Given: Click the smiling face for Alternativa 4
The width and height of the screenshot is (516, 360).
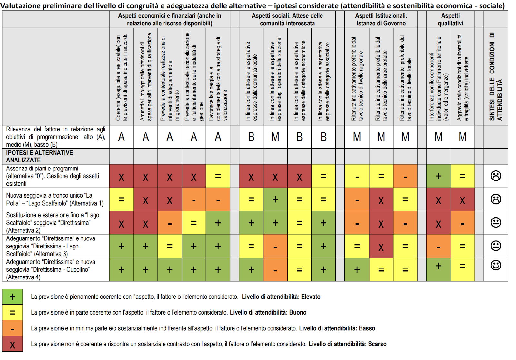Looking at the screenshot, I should [496, 265].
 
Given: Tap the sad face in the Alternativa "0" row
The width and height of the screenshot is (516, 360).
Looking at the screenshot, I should [496, 176].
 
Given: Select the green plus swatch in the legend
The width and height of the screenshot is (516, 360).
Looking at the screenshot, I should [12, 297].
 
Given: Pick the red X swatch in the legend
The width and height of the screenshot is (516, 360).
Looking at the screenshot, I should [12, 344].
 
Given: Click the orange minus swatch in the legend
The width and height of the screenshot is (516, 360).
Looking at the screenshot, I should [12, 328].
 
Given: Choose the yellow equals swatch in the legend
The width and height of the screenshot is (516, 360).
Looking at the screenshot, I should [12, 313].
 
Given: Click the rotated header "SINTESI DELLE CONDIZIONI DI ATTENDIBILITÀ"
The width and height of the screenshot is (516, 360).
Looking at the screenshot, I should [496, 77].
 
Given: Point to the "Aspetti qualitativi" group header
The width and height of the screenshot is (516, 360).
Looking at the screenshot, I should [450, 19].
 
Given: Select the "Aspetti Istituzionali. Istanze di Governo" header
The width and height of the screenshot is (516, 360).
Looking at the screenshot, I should [381, 19].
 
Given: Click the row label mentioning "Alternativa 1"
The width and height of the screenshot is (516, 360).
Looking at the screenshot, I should [55, 199].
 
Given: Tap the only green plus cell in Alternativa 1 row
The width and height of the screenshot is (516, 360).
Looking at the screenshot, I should [275, 199].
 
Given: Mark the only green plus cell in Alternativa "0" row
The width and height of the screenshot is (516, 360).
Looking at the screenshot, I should [438, 176].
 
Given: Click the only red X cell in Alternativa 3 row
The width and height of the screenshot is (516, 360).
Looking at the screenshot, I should [381, 247].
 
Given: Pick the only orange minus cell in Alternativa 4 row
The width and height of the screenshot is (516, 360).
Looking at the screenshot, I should [275, 270].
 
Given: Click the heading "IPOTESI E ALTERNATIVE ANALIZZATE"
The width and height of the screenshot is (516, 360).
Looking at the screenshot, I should [39, 156].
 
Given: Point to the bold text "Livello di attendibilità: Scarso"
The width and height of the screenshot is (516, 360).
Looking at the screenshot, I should [347, 344].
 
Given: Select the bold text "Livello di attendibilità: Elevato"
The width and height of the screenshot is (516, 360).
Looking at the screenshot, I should [281, 297].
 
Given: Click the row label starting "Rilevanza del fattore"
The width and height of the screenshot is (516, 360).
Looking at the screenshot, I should [55, 137].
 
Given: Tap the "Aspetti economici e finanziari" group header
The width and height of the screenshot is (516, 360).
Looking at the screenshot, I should [169, 19].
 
